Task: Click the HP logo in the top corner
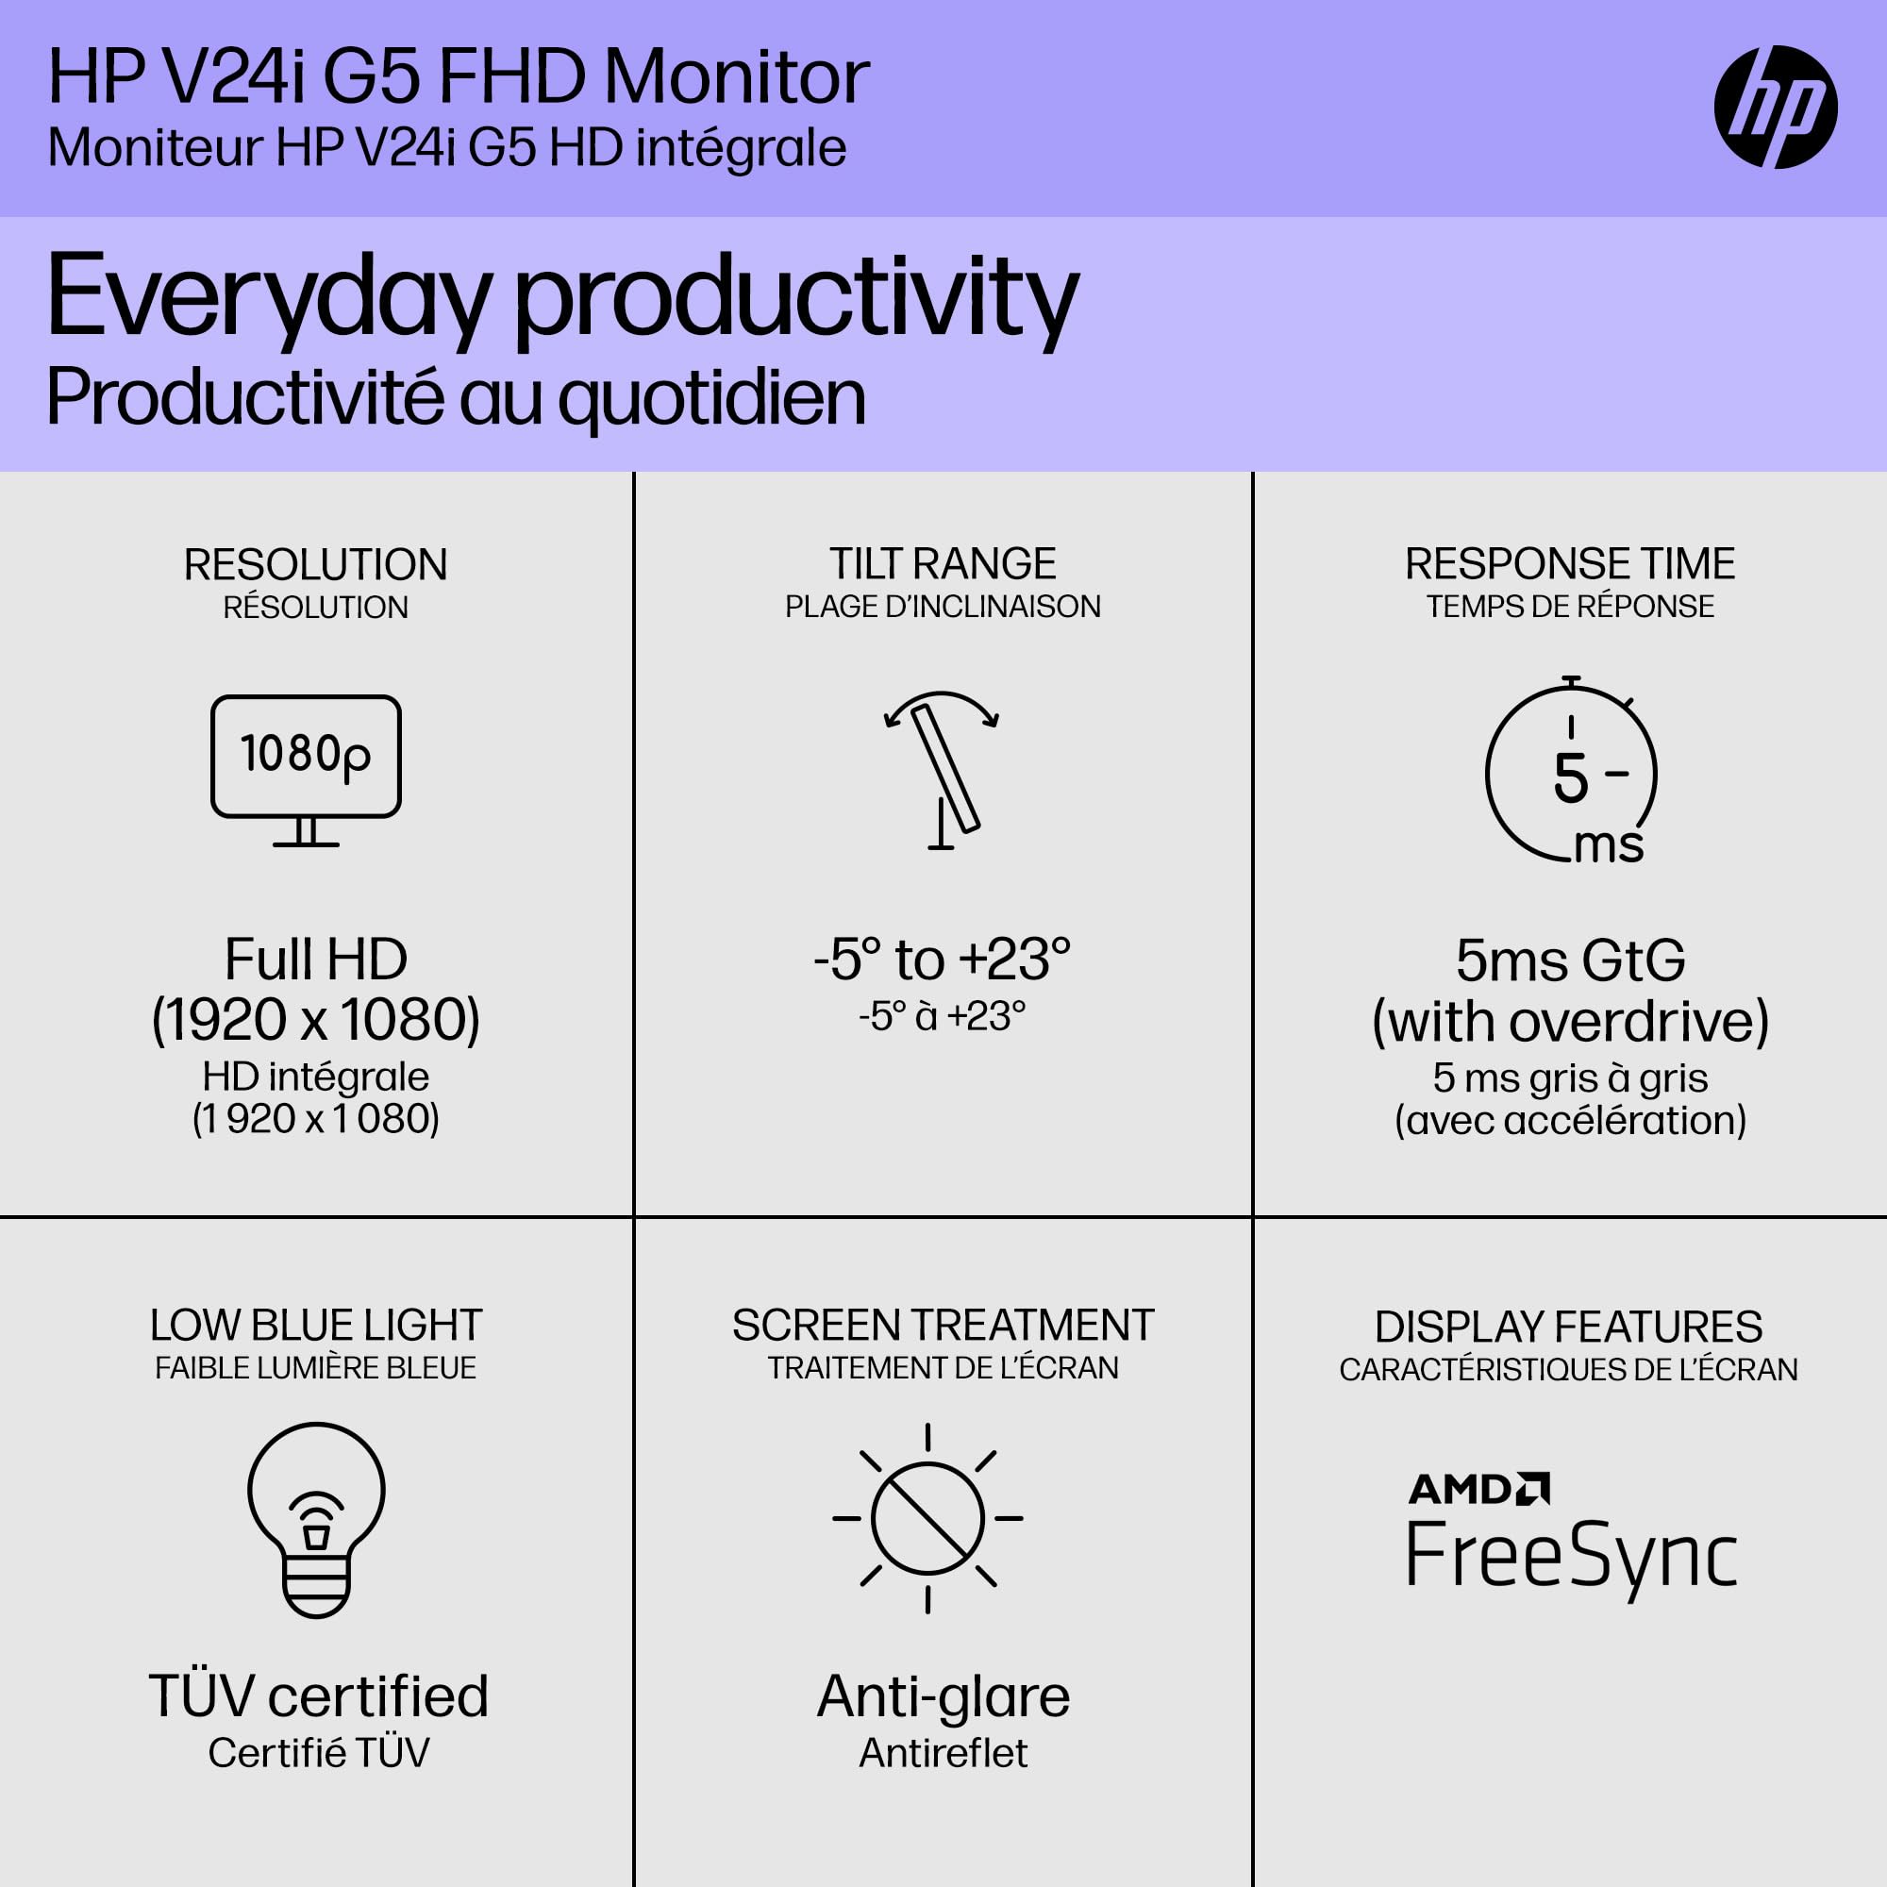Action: click(x=1775, y=107)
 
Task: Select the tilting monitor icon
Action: click(x=942, y=770)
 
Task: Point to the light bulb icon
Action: click(x=316, y=1519)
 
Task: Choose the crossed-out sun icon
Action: click(x=927, y=1519)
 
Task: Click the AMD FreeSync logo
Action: click(x=1571, y=1534)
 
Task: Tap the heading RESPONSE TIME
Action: click(x=1570, y=563)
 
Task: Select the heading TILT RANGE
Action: click(x=943, y=563)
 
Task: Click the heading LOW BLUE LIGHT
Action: click(x=315, y=1326)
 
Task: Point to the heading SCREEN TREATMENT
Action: click(x=943, y=1326)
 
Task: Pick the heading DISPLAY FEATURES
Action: click(x=1569, y=1328)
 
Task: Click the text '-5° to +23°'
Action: click(x=943, y=960)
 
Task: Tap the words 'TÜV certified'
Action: click(x=318, y=1696)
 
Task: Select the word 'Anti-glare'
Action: click(x=943, y=1696)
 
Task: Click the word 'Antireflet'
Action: click(x=943, y=1753)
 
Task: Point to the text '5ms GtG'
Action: click(x=1571, y=961)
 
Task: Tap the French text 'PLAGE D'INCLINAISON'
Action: click(x=943, y=607)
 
